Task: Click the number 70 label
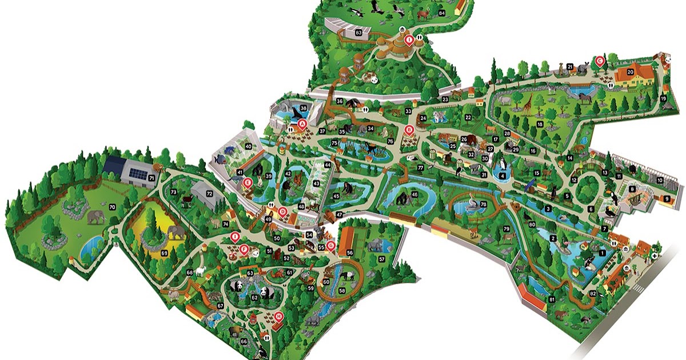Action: coord(112,206)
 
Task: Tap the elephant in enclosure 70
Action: coord(96,217)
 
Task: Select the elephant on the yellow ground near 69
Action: coord(177,231)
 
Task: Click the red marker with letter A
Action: coord(304,122)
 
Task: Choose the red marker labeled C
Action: coord(600,60)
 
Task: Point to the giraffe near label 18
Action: coord(525,105)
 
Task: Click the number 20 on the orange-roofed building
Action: coord(631,72)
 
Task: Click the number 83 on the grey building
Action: coord(358,33)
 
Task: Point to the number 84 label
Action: coord(441,13)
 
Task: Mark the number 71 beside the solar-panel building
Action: coord(152,179)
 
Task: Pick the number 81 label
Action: coord(552,299)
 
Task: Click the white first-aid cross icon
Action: coord(654,257)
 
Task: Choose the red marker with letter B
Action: coord(409,130)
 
